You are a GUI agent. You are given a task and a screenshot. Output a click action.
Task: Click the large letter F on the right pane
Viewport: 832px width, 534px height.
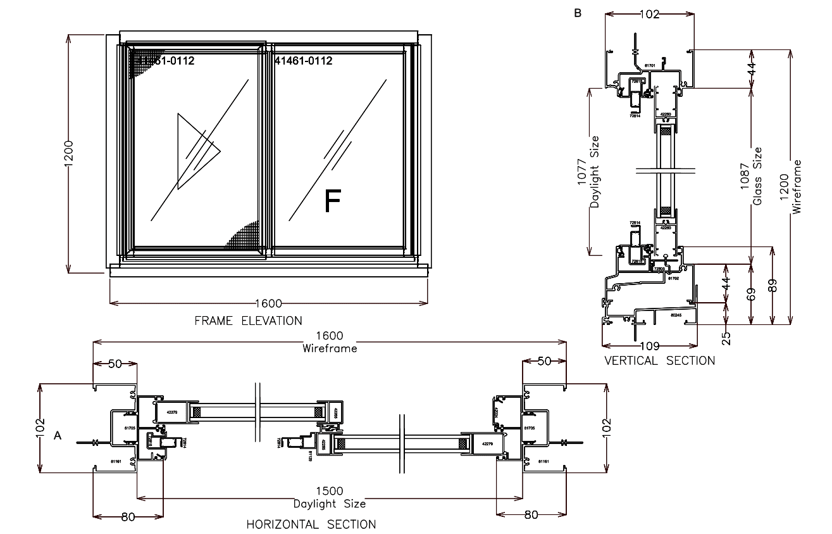[332, 201]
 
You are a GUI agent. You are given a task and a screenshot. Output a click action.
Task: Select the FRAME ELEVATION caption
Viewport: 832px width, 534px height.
[248, 321]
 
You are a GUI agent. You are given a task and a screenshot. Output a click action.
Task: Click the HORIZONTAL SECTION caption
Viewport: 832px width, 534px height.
[311, 524]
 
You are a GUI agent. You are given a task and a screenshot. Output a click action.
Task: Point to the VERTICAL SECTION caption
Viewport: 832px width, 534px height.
[659, 360]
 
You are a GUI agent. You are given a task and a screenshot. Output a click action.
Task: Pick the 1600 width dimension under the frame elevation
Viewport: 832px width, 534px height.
[268, 303]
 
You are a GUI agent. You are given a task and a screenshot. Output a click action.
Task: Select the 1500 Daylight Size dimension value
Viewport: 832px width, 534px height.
[329, 492]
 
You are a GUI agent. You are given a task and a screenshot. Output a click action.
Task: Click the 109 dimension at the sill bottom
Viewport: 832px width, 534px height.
[650, 346]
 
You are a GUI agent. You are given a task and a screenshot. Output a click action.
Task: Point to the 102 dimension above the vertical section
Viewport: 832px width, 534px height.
[649, 14]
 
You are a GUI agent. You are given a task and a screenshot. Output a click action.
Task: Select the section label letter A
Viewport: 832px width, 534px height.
[58, 436]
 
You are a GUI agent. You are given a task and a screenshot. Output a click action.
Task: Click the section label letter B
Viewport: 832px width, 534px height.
[577, 13]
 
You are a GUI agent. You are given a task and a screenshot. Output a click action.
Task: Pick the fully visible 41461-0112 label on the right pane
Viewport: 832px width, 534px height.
[304, 61]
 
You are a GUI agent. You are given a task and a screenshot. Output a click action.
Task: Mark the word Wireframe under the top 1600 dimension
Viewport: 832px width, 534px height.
[329, 348]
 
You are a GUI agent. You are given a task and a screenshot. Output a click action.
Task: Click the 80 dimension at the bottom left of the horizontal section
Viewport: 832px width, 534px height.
[128, 516]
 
